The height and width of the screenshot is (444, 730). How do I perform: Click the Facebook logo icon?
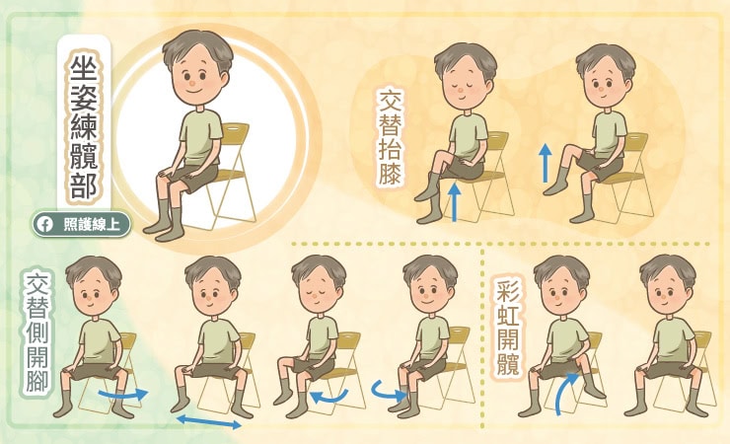pyautogui.click(x=45, y=225)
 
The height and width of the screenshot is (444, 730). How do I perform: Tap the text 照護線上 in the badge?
pyautogui.click(x=91, y=225)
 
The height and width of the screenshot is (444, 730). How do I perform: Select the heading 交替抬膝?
pyautogui.click(x=390, y=138)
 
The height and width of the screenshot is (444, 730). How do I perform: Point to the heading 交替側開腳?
pyautogui.click(x=36, y=333)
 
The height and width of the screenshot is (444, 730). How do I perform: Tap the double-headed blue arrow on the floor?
pyautogui.click(x=209, y=421)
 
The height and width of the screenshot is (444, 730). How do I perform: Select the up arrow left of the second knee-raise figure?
pyautogui.click(x=546, y=164)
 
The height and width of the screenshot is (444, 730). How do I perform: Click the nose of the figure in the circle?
pyautogui.click(x=192, y=85)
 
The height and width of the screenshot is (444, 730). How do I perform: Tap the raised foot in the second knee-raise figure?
pyautogui.click(x=554, y=188)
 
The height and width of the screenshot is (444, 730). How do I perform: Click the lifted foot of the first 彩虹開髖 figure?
pyautogui.click(x=593, y=391)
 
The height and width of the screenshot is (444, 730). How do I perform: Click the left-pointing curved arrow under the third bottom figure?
pyautogui.click(x=328, y=397)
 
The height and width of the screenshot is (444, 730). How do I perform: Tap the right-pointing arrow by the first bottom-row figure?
pyautogui.click(x=122, y=395)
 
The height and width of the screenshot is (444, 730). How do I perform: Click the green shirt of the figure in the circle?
pyautogui.click(x=199, y=138)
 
